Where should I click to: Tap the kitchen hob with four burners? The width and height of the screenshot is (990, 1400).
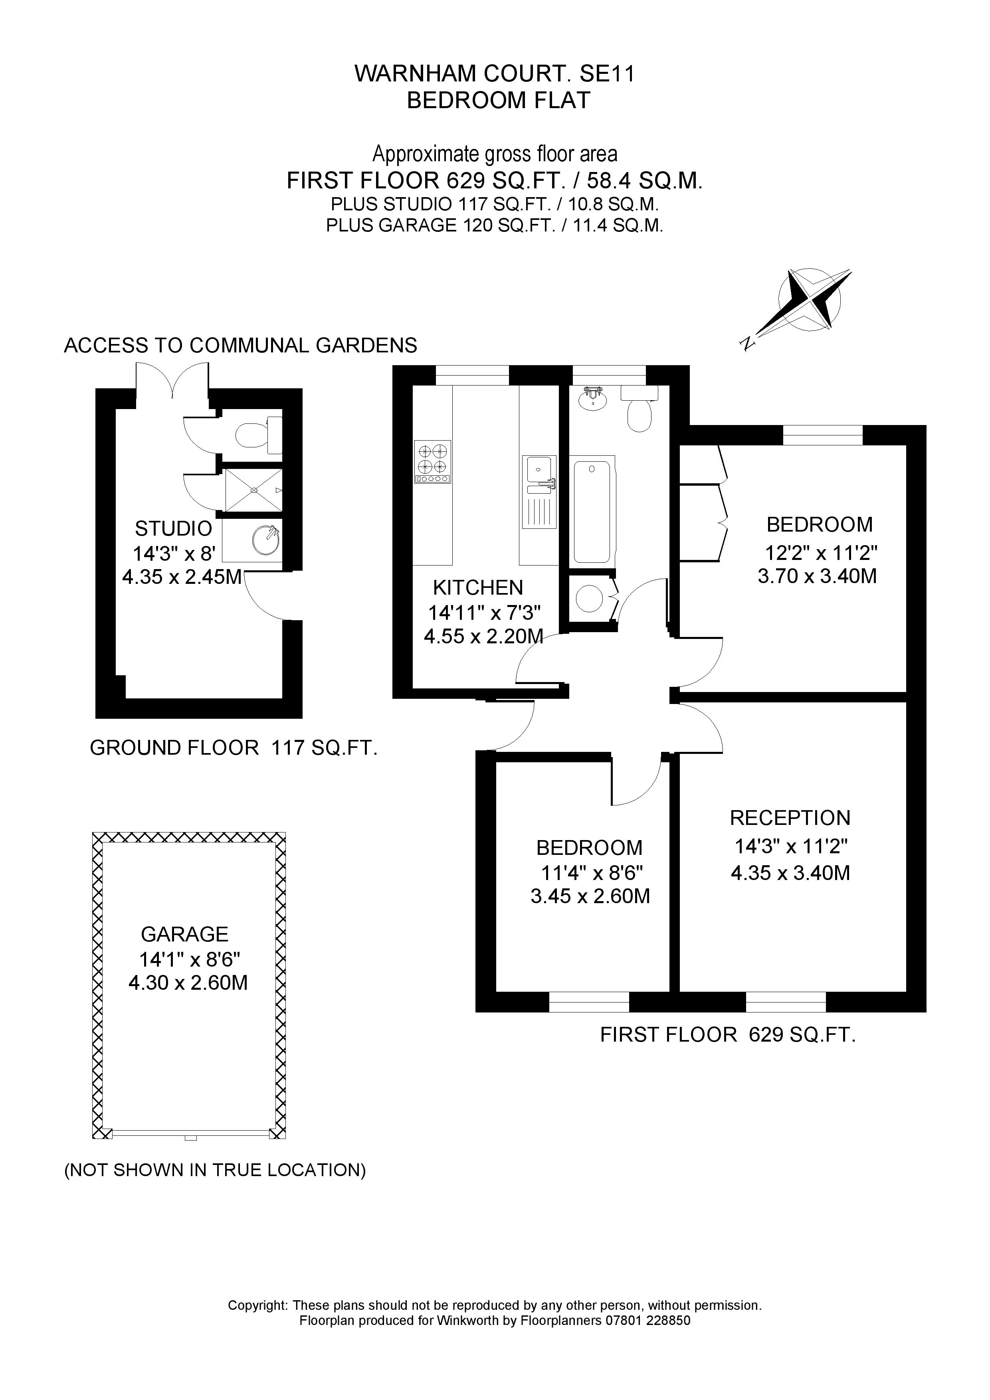tap(432, 462)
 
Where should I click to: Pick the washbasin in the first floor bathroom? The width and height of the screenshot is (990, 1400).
tap(592, 399)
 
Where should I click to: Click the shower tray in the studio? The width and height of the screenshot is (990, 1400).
tap(254, 490)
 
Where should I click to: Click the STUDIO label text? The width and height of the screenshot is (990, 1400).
tap(173, 528)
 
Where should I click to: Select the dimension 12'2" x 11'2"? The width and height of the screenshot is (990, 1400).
tap(821, 553)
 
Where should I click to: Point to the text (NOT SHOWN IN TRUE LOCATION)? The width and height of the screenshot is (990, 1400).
tap(215, 1170)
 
